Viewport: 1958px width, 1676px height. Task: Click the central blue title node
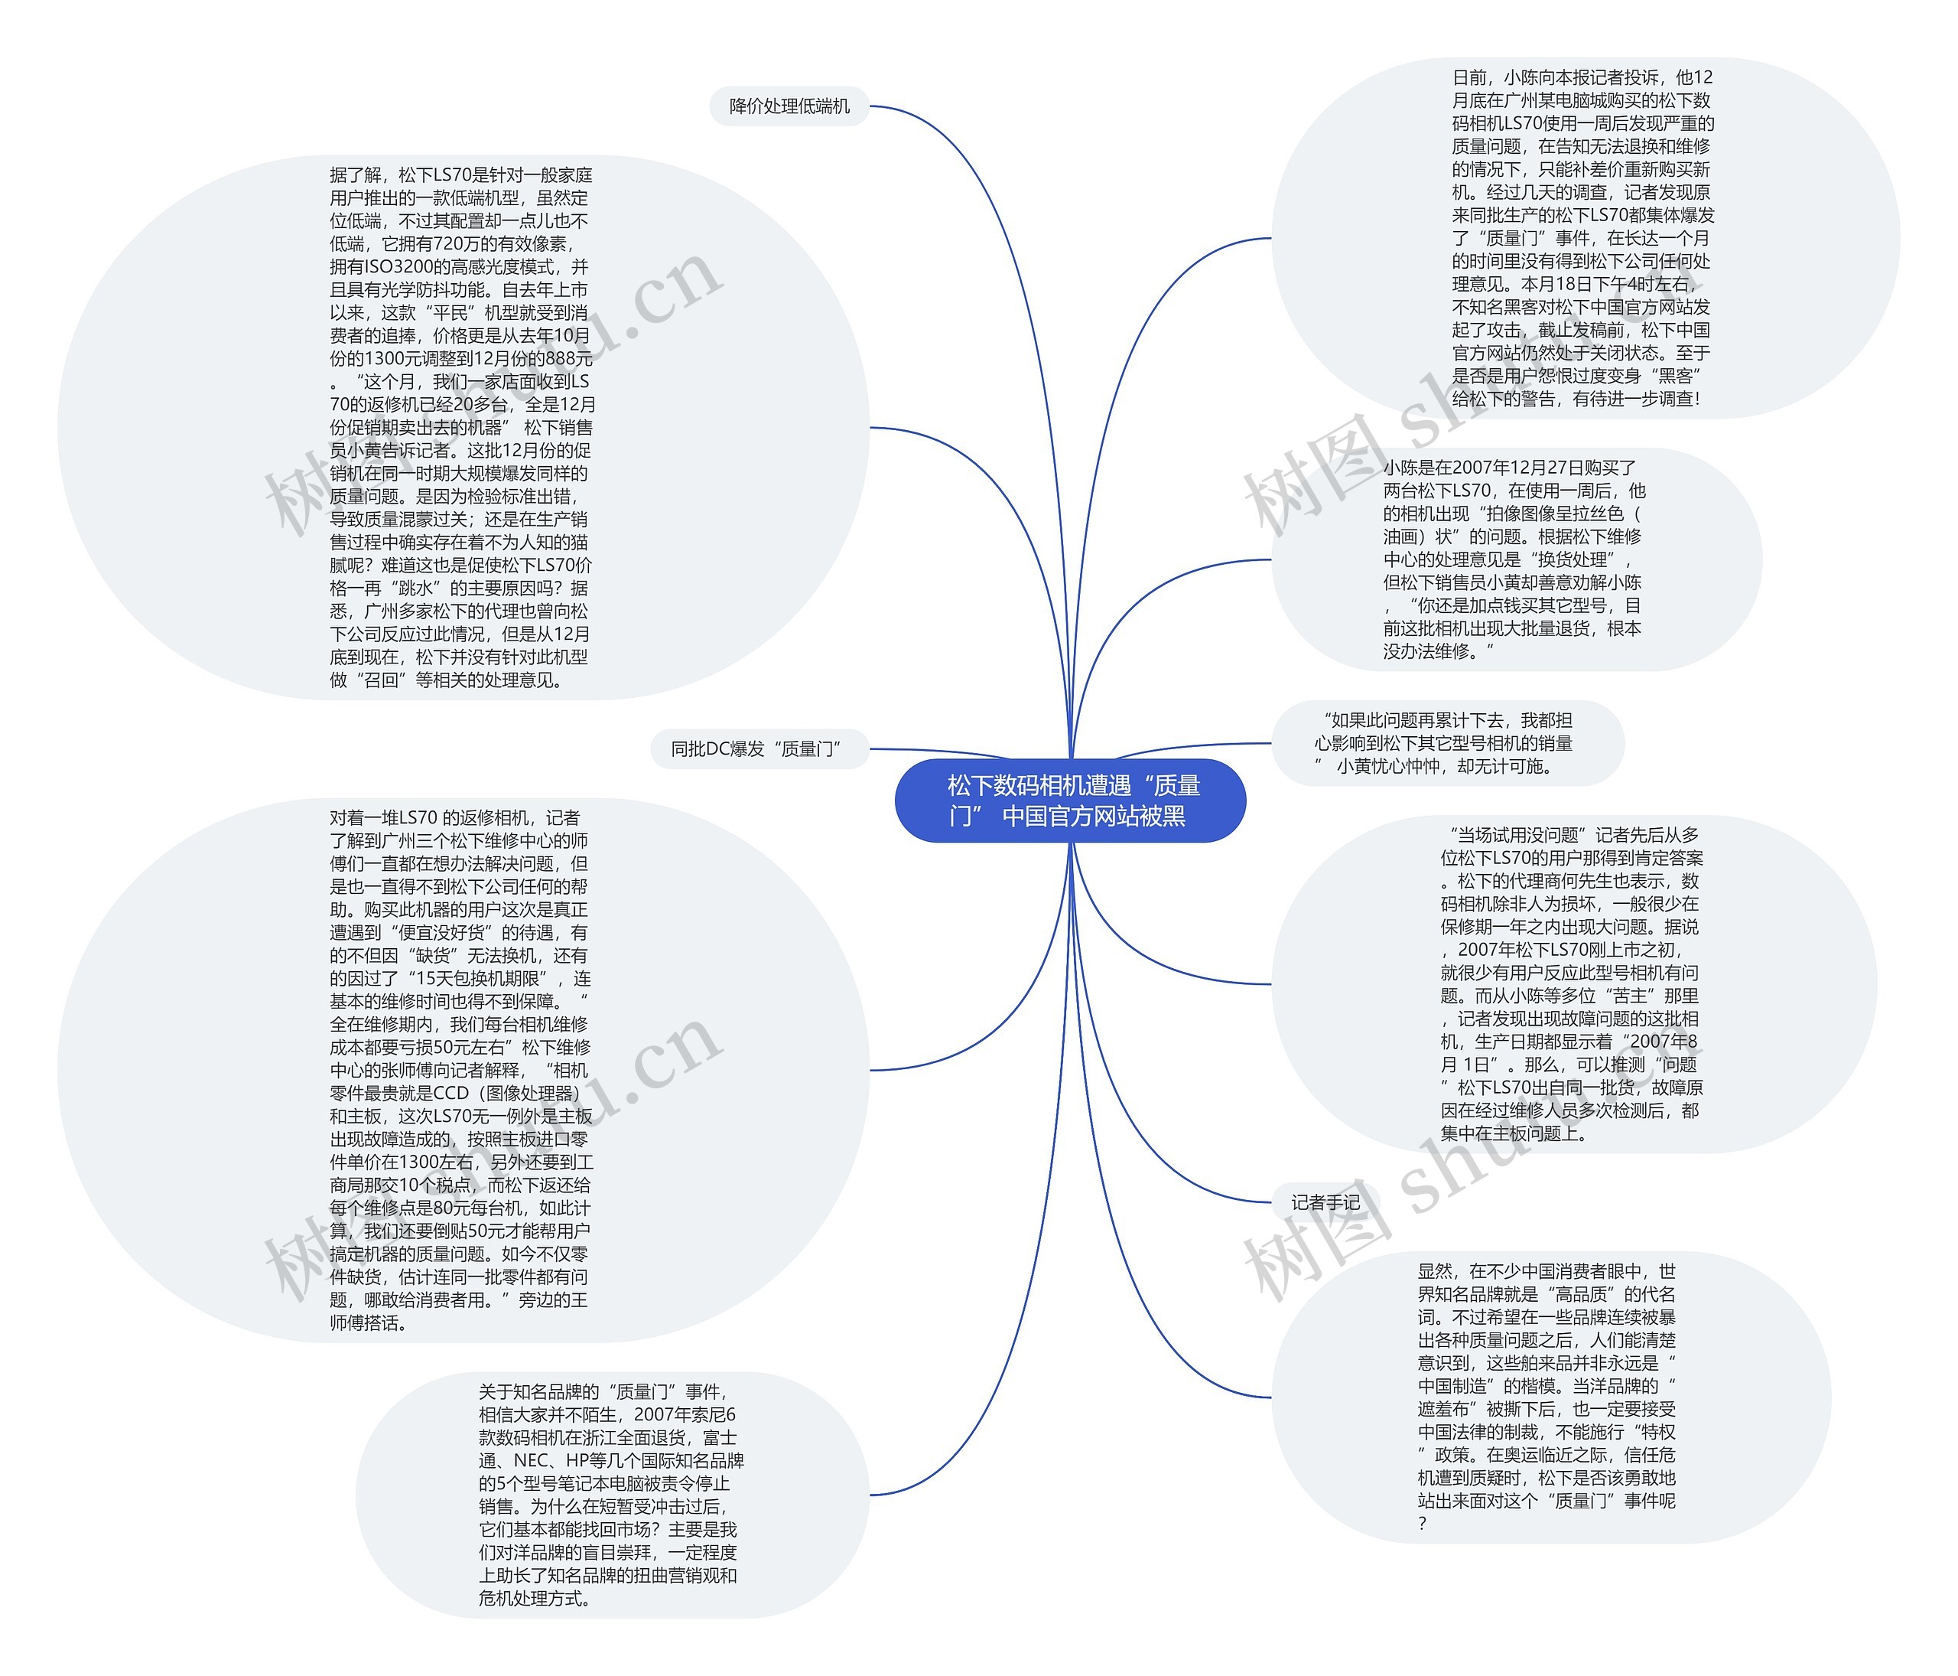pyautogui.click(x=1070, y=801)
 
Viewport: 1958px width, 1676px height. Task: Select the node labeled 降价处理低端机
pyautogui.click(x=789, y=106)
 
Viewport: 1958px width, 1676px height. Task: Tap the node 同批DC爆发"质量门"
pyautogui.click(x=759, y=748)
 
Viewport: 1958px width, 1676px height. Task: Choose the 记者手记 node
pyautogui.click(x=1325, y=1202)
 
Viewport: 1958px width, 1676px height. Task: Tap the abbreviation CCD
pyautogui.click(x=450, y=1094)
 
